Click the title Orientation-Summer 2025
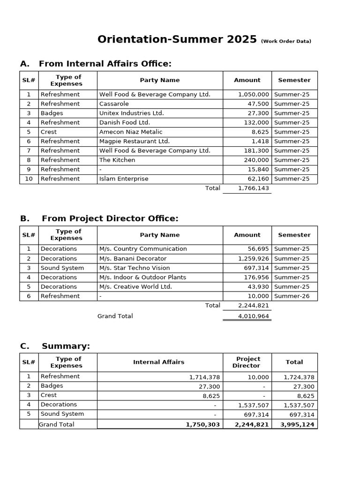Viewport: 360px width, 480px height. click(x=177, y=39)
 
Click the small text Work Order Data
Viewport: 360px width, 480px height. click(x=286, y=41)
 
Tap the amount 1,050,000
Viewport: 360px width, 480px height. click(x=254, y=94)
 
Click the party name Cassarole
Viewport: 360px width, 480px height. click(x=114, y=104)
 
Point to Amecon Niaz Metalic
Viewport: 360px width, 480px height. click(x=131, y=132)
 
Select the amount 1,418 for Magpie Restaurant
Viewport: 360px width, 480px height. click(x=260, y=141)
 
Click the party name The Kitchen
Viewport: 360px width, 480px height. click(x=117, y=160)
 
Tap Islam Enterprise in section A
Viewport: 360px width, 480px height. click(x=124, y=179)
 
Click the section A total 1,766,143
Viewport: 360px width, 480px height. click(x=254, y=188)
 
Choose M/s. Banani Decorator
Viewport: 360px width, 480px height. click(x=133, y=258)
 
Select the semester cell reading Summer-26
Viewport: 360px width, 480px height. click(x=292, y=296)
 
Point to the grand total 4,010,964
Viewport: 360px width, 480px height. click(x=254, y=316)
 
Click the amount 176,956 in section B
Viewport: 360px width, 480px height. click(x=256, y=277)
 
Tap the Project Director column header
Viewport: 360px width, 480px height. click(x=247, y=362)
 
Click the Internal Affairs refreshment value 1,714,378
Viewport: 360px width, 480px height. click(x=204, y=377)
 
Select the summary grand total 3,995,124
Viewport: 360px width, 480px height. click(x=297, y=424)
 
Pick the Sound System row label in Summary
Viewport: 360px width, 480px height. click(x=62, y=414)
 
